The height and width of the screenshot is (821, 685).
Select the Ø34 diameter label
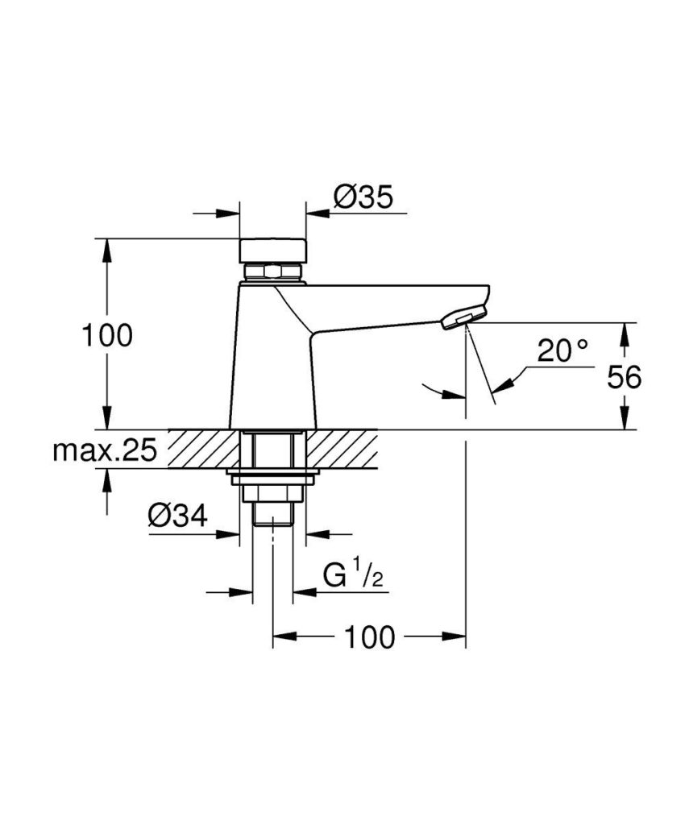[176, 516]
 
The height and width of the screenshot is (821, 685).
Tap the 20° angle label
[563, 350]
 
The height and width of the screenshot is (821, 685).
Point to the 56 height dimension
[623, 377]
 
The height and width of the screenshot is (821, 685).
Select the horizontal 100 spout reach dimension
[370, 637]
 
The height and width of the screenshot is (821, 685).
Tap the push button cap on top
[273, 250]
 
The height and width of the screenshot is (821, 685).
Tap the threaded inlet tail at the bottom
[273, 512]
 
